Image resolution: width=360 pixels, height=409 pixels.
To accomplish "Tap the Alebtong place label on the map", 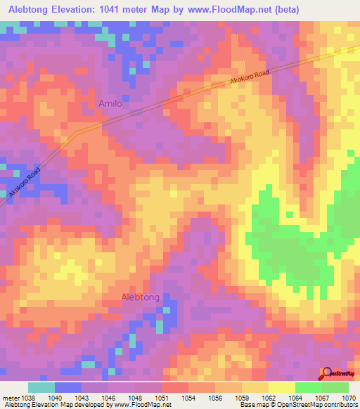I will (141, 297).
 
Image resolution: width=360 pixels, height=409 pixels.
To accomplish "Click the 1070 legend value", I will (349, 397).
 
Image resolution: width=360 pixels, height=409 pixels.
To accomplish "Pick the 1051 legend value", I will (161, 397).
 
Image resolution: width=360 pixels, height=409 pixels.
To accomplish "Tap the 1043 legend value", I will (81, 397).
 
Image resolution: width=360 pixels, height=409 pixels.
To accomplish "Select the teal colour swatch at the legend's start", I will (41, 387).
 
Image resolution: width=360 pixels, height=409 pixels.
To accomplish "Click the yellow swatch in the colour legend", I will (281, 387).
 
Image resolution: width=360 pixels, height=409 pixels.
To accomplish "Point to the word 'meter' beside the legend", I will (9, 397).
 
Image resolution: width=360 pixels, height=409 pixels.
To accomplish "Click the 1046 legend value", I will (108, 397).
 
